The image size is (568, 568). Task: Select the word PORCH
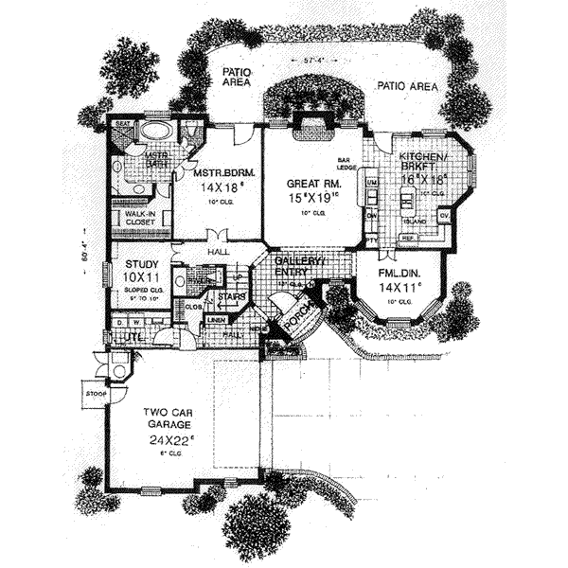301,322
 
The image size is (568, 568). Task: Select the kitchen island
409,202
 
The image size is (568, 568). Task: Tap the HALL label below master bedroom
221,252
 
